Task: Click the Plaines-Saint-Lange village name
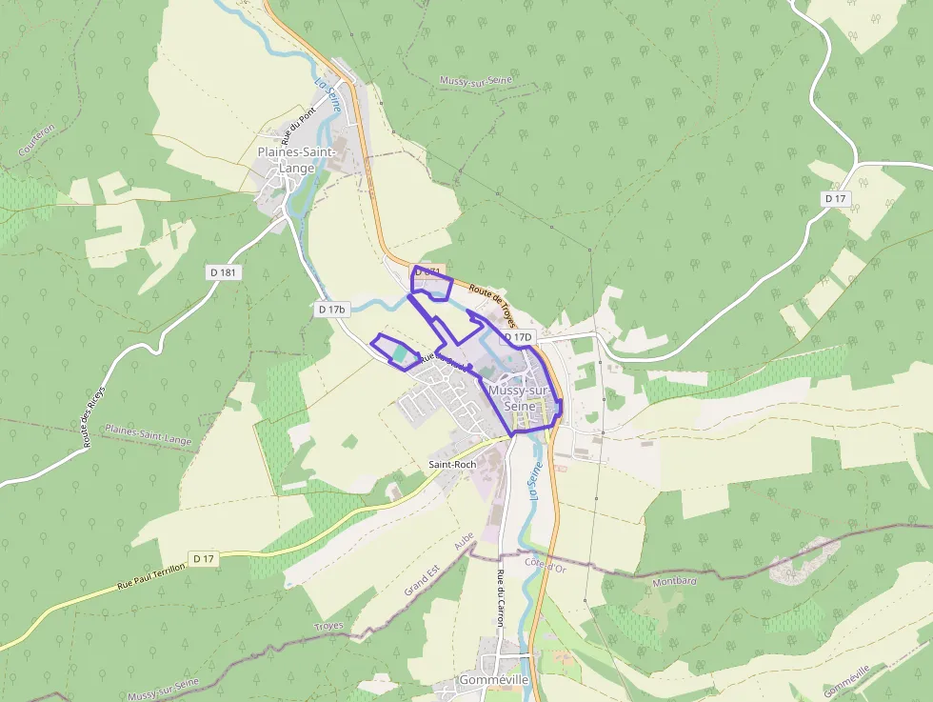tap(296, 160)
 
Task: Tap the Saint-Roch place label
tap(452, 464)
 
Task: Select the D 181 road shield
tap(222, 272)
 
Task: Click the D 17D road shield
tap(519, 337)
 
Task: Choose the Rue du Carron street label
tap(500, 597)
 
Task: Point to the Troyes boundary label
tap(328, 626)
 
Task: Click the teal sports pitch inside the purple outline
tap(399, 352)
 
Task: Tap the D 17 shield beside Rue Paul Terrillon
tap(203, 559)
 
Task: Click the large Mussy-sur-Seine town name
tap(520, 397)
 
